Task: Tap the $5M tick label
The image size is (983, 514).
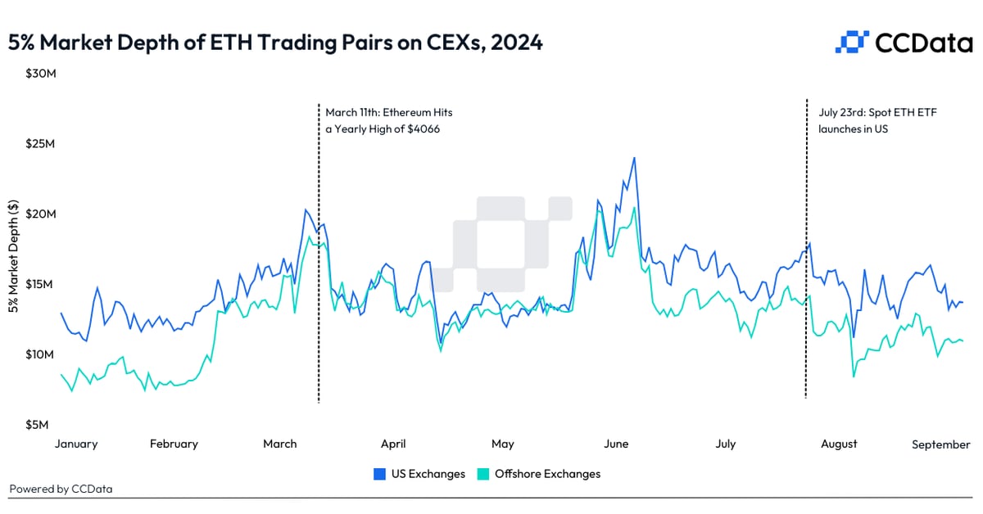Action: click(36, 425)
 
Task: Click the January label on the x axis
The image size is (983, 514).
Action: click(76, 444)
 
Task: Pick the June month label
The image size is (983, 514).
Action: click(616, 444)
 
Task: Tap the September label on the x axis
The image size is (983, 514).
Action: click(941, 444)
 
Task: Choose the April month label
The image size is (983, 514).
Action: click(393, 444)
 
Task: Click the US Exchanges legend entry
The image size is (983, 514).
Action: click(419, 474)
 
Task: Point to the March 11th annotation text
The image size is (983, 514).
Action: click(388, 120)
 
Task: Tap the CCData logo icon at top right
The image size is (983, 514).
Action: click(852, 42)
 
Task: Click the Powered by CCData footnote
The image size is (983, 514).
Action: click(61, 489)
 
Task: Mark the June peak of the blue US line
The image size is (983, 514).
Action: click(634, 158)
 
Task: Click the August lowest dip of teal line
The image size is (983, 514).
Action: click(854, 376)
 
